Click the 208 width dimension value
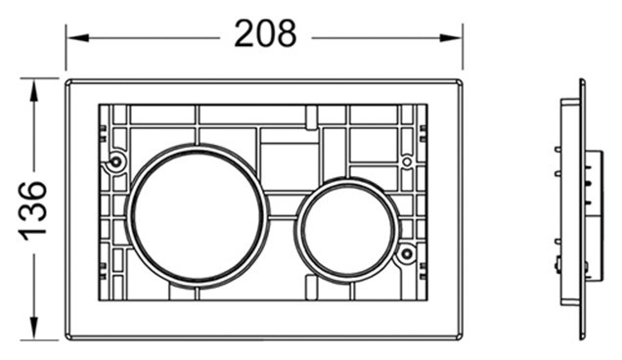265,35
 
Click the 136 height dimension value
34,208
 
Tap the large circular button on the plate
199,213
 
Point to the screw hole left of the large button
117,160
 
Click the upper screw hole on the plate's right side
407,160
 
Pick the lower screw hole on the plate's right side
406,254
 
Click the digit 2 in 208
244,35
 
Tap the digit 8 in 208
286,35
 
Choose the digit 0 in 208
265,35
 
